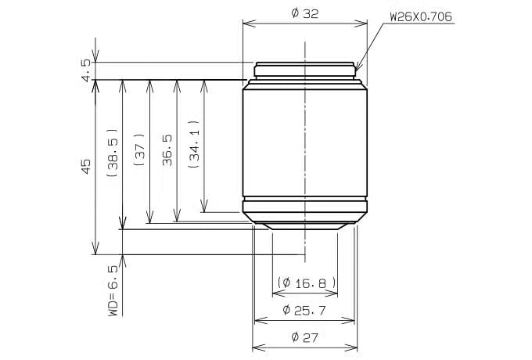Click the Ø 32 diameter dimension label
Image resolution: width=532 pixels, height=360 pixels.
click(x=304, y=13)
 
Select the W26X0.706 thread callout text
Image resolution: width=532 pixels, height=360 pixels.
click(x=421, y=16)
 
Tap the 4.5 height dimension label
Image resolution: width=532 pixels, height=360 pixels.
click(x=86, y=70)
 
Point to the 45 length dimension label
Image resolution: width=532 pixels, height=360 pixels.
click(x=86, y=166)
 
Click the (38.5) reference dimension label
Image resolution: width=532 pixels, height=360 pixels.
click(x=113, y=153)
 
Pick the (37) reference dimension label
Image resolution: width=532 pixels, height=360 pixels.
click(x=139, y=149)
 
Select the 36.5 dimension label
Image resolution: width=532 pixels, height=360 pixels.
click(x=167, y=150)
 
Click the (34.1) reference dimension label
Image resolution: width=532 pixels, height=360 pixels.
click(x=194, y=144)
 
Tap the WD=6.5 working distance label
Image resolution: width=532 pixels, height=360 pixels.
click(x=113, y=290)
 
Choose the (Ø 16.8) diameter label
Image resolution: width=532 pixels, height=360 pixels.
click(x=307, y=283)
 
